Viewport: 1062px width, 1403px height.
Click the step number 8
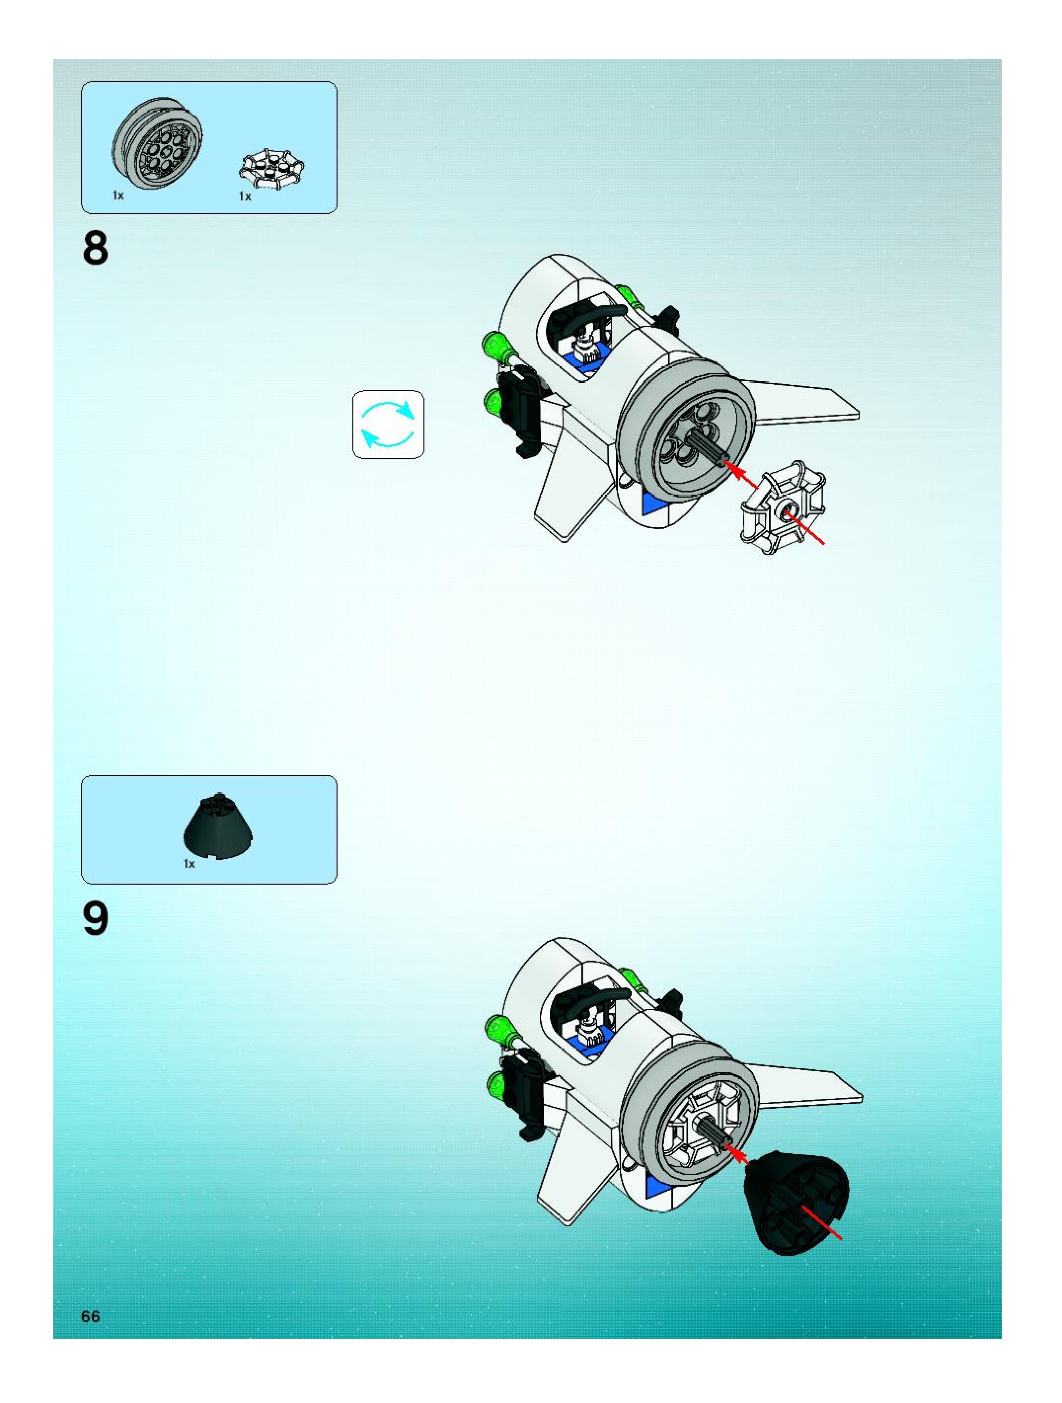(x=95, y=249)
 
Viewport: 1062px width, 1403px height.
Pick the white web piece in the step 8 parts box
(x=271, y=169)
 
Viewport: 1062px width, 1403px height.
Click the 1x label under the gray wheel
(x=118, y=195)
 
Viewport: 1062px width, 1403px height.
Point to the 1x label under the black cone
(x=189, y=864)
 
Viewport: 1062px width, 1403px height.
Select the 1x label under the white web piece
(x=245, y=196)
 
